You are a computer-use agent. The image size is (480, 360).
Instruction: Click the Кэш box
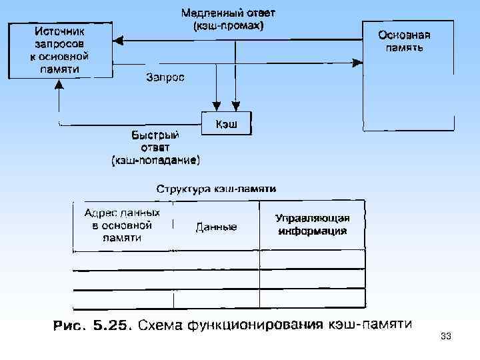click(227, 124)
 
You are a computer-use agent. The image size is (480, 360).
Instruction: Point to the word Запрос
click(166, 77)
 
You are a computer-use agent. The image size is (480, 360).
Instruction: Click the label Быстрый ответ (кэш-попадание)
click(155, 147)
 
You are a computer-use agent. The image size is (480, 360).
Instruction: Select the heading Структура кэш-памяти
click(216, 189)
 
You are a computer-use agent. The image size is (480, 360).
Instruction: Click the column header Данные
click(216, 227)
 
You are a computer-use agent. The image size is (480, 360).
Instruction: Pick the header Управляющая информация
click(312, 225)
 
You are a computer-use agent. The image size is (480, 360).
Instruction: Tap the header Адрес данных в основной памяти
click(122, 225)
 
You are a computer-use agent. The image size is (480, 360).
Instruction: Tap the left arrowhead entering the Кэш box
click(217, 106)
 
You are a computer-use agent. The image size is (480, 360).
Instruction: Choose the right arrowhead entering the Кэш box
click(235, 106)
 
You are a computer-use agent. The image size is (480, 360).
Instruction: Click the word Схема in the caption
click(164, 326)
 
